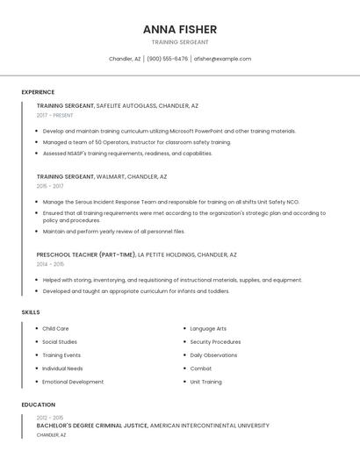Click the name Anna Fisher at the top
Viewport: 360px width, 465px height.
point(179,29)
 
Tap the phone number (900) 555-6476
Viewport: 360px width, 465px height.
point(167,59)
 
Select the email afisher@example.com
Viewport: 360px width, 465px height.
point(222,59)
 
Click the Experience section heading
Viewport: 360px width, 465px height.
point(38,92)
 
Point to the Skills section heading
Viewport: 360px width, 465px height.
point(31,312)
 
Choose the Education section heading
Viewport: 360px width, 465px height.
point(38,404)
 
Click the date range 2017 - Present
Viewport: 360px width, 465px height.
point(54,115)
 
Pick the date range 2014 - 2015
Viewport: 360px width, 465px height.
point(50,264)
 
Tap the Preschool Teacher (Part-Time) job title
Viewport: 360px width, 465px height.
point(86,254)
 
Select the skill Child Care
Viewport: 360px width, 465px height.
point(55,329)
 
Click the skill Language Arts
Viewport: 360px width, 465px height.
point(208,329)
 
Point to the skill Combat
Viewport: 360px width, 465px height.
point(200,368)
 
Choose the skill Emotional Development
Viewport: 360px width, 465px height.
point(73,382)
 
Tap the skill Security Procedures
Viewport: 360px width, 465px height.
point(215,342)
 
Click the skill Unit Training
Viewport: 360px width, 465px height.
point(205,382)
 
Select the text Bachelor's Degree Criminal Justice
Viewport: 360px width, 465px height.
point(91,426)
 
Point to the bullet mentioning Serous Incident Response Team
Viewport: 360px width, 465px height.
point(170,201)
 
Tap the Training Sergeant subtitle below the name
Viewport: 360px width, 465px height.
point(179,42)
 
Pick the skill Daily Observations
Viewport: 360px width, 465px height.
point(213,355)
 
